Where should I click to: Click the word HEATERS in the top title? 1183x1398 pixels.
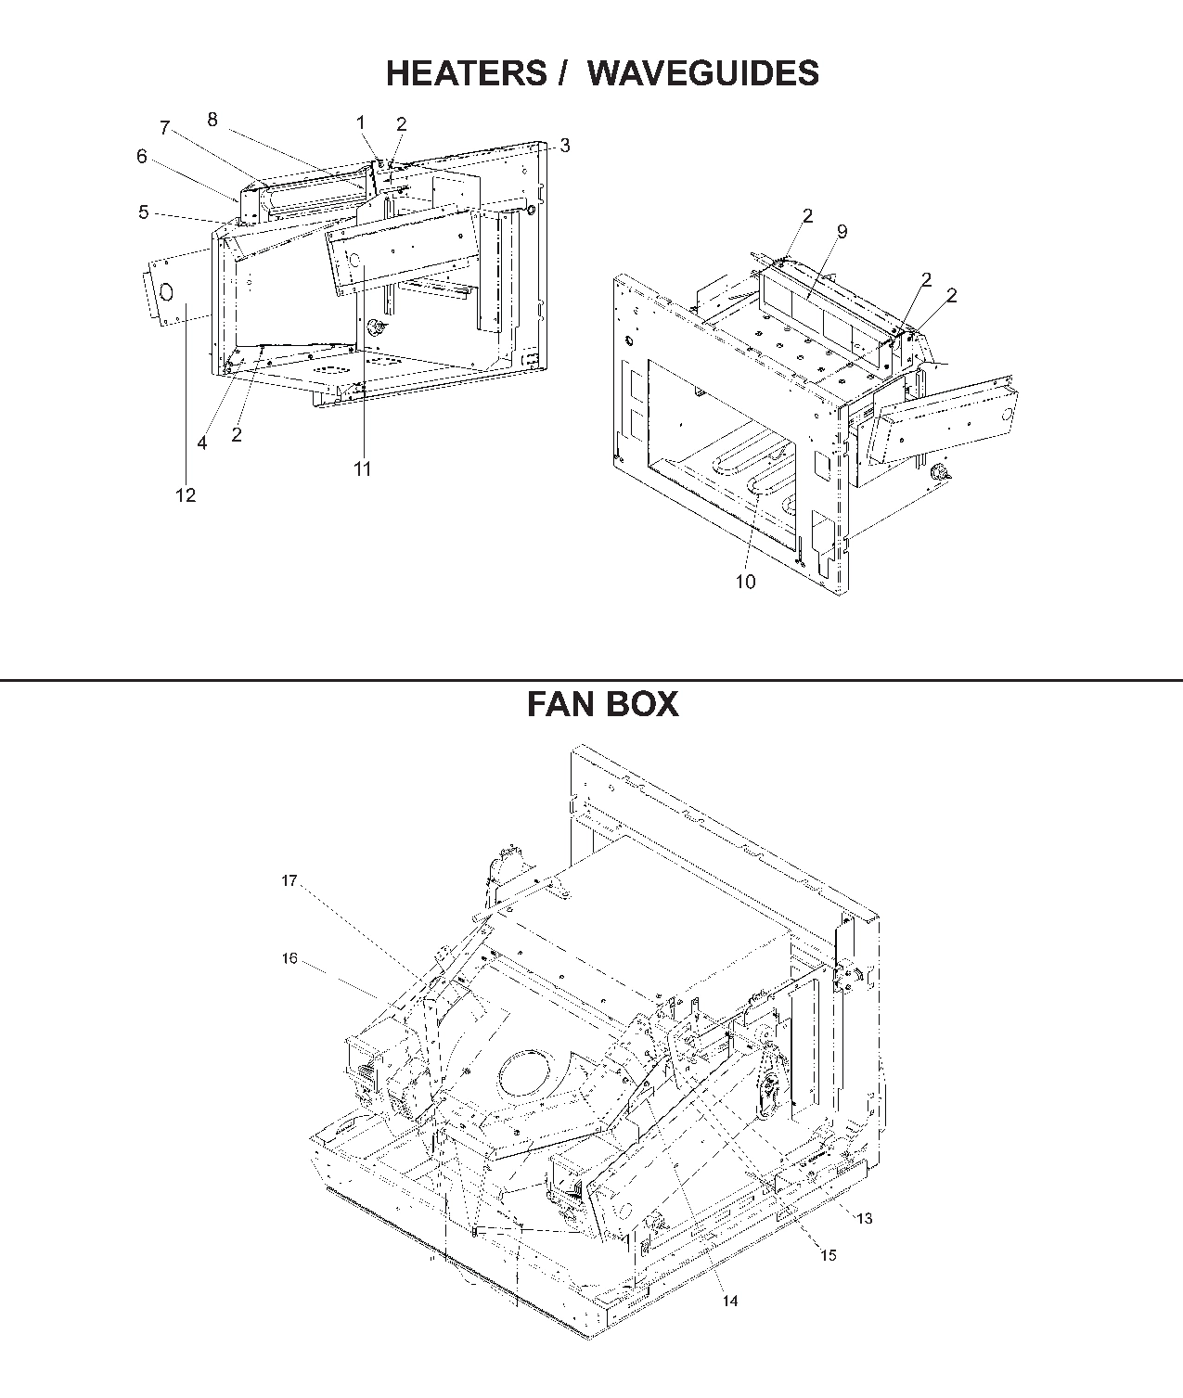467,73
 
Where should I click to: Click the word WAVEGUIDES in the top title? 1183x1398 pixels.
703,73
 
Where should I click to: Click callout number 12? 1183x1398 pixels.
186,495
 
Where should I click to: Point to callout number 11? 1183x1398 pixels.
362,469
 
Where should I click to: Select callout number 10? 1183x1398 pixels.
745,582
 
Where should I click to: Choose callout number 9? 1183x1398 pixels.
842,232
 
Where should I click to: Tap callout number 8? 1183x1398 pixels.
212,120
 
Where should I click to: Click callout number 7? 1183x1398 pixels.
165,129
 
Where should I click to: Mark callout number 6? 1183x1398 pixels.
142,157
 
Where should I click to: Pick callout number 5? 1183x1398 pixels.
144,212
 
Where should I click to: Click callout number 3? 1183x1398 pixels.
565,146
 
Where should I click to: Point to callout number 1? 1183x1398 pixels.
361,122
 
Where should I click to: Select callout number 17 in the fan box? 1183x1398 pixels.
289,880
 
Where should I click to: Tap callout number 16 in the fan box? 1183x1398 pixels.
289,958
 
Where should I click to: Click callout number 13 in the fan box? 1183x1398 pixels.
864,1218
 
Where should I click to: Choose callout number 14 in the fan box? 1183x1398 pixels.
730,1302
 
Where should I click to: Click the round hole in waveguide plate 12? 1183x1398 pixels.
166,291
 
